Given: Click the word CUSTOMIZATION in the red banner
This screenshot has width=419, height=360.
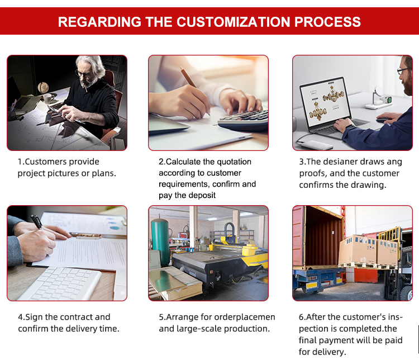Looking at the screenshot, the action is tap(234, 22).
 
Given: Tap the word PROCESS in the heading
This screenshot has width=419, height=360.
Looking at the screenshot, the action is tap(327, 22).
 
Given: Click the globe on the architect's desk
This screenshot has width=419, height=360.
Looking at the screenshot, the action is tap(43, 87).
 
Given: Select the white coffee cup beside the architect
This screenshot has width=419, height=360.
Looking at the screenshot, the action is tap(48, 99).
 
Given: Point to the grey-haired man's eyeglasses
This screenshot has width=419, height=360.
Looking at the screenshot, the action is tap(83, 73).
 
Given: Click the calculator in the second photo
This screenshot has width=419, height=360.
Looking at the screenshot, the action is tap(243, 120).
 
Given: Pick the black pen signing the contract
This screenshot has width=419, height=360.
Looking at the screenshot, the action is tap(37, 222).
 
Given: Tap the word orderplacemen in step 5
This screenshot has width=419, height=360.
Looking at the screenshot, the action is tap(245, 317).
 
